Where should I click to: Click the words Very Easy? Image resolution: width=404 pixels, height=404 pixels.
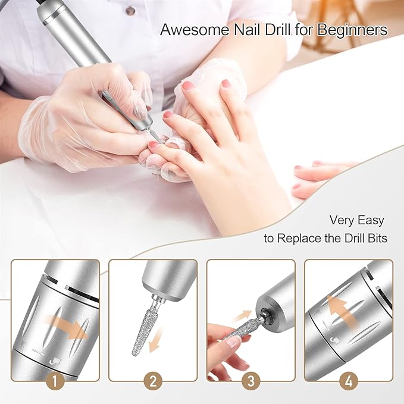tap(356, 220)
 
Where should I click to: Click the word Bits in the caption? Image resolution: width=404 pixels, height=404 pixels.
tap(376, 239)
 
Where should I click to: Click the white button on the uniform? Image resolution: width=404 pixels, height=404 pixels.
tap(130, 10)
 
